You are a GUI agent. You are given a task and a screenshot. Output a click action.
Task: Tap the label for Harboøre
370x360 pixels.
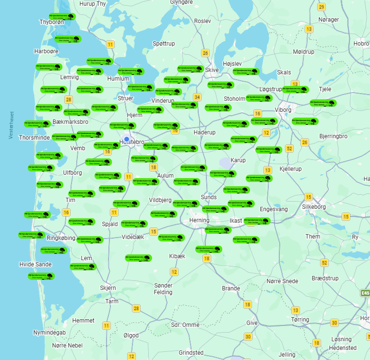[47, 51]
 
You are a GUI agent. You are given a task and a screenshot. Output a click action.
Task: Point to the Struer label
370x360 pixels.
[125, 98]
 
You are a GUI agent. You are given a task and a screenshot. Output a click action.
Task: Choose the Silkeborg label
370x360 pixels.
[314, 207]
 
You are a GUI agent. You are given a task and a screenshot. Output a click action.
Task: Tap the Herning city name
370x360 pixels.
[200, 220]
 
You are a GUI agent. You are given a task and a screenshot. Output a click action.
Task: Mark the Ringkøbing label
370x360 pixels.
[61, 238]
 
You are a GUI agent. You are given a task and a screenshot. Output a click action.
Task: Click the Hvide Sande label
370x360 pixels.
[35, 264]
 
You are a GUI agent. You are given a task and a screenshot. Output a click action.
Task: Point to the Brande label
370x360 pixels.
[231, 288]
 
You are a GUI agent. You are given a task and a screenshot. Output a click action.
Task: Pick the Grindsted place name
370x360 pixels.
[191, 352]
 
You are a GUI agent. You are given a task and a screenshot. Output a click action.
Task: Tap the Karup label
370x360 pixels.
[238, 160]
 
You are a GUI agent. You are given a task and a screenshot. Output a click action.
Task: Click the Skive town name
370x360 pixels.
[212, 70]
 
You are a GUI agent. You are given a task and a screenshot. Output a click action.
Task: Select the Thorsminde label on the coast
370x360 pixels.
[34, 137]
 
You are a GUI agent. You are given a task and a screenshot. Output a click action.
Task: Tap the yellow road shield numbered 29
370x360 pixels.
[322, 7]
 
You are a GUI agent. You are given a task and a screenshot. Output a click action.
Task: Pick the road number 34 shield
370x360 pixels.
[196, 97]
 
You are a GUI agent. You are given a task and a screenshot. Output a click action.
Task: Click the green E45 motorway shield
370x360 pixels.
[366, 293]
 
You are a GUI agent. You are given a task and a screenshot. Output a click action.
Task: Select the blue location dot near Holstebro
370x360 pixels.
[127, 139]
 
